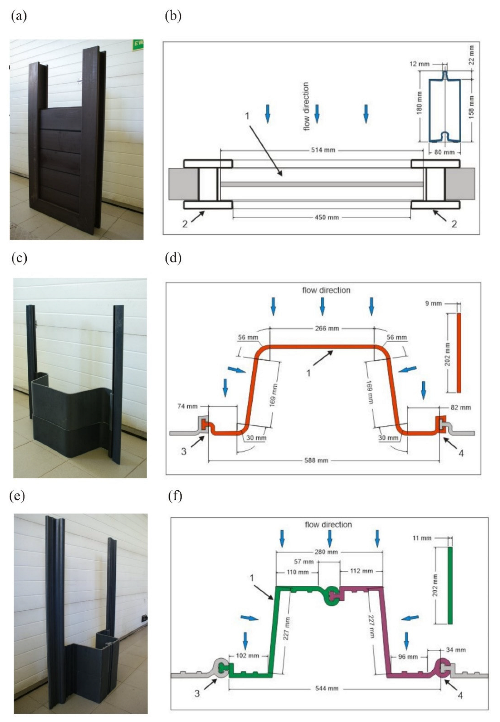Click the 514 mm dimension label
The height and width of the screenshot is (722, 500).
click(323, 150)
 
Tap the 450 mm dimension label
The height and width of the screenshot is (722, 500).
click(326, 218)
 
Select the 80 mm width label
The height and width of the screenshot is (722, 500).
click(445, 153)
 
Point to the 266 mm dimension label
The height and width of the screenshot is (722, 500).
click(327, 328)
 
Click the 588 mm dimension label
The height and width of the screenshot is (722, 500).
click(316, 461)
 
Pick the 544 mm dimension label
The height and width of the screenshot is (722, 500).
click(326, 689)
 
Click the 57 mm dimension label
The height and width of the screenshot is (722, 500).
click(304, 562)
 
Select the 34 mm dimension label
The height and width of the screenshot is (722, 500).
click(456, 650)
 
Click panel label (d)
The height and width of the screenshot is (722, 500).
click(173, 259)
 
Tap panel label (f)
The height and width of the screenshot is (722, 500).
click(175, 496)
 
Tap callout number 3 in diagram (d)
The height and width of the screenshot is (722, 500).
click(184, 452)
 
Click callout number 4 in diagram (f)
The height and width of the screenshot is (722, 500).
click(460, 695)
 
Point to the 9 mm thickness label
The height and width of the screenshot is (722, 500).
click(433, 304)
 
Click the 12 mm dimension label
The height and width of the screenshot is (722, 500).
click(420, 64)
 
